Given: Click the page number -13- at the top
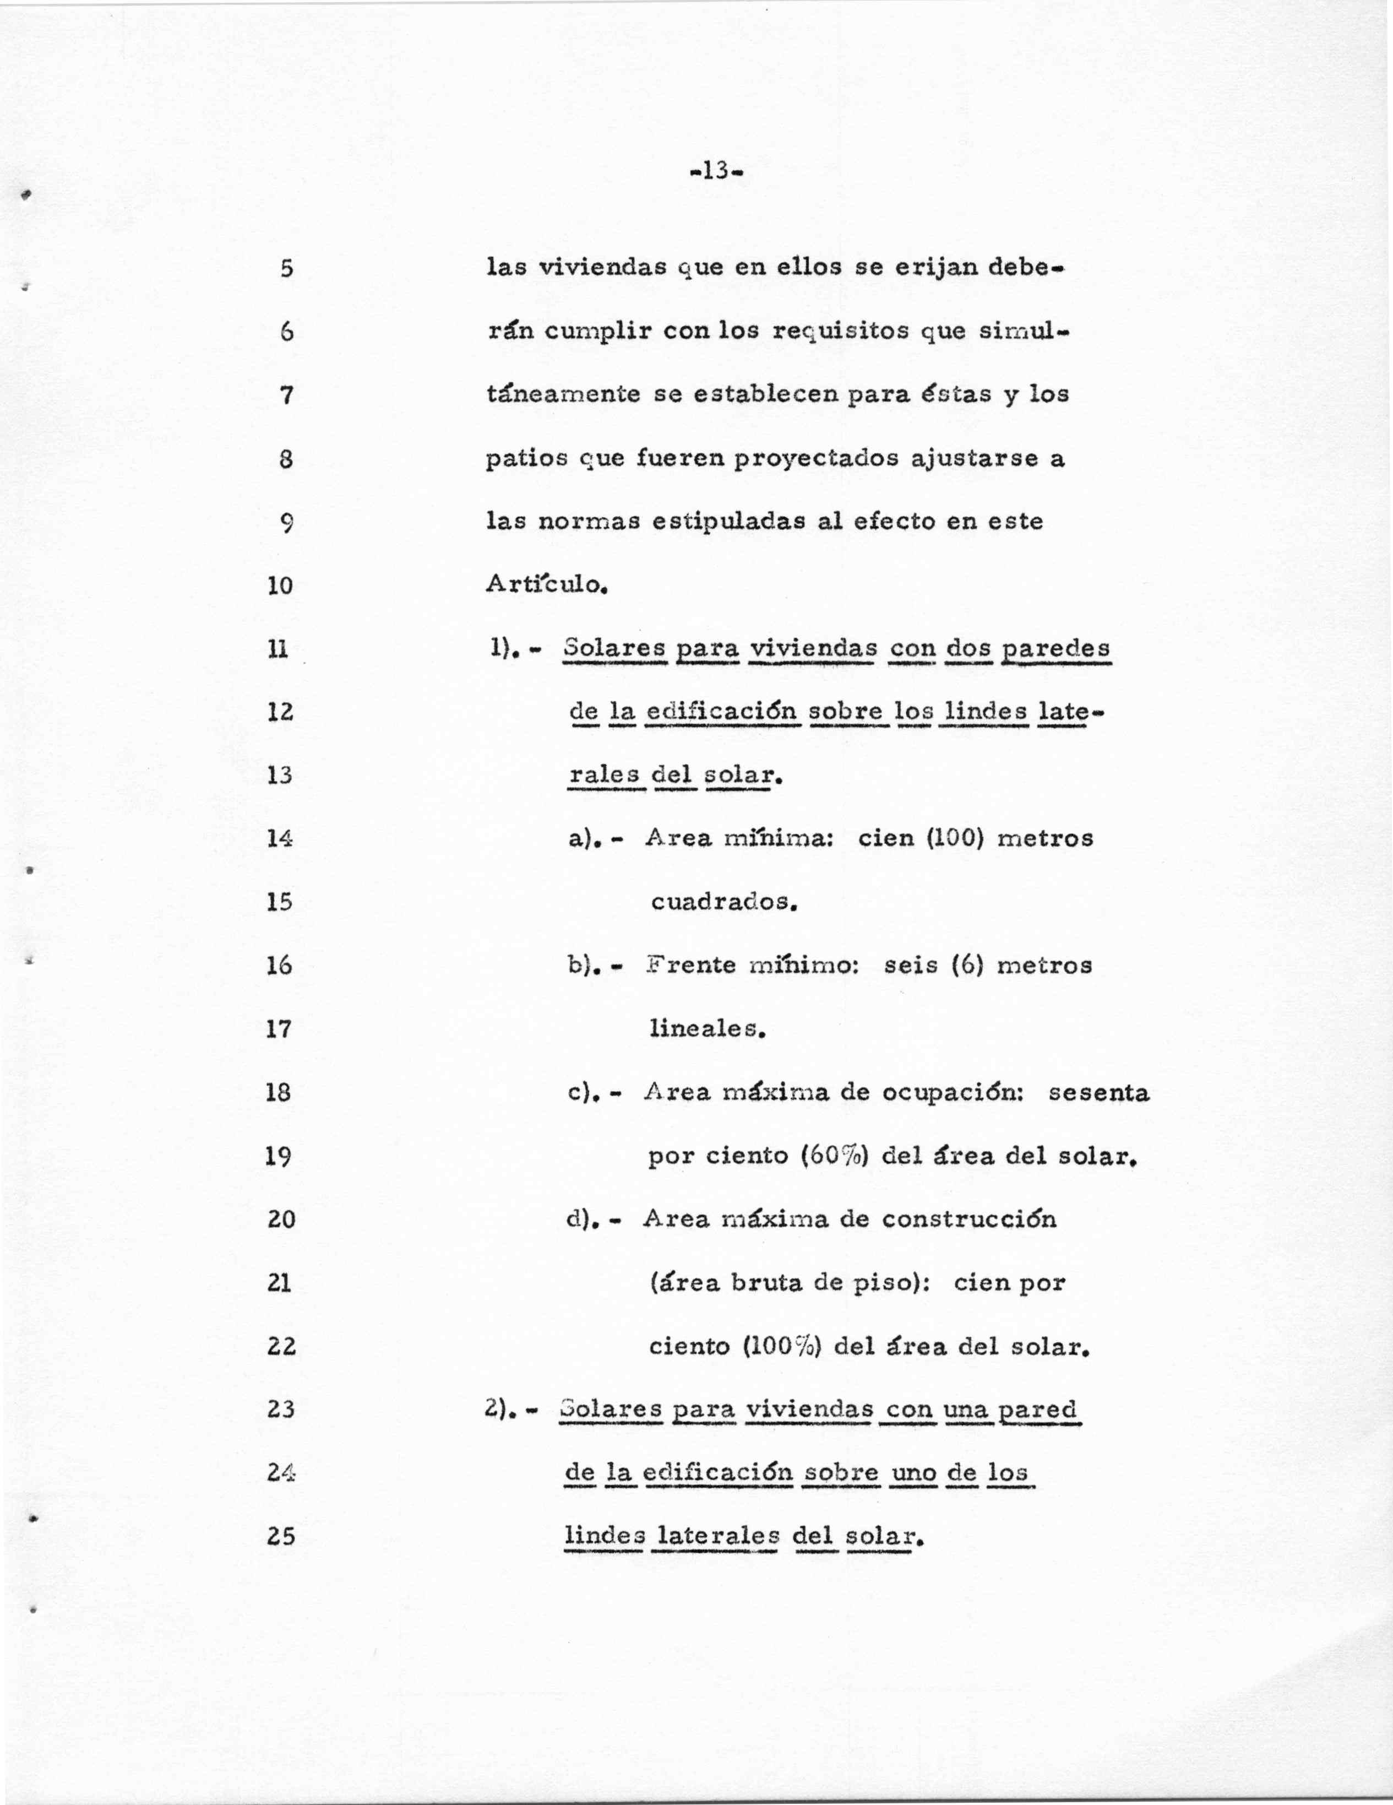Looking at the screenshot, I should point(716,171).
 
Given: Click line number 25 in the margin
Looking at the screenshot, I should point(281,1536).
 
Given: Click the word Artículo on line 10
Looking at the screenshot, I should point(547,584).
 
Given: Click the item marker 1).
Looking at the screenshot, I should point(504,649).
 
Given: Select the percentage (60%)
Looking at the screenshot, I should point(835,1156).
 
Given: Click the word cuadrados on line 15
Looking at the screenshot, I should point(723,902).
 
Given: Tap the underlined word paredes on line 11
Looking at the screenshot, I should point(1055,649).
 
